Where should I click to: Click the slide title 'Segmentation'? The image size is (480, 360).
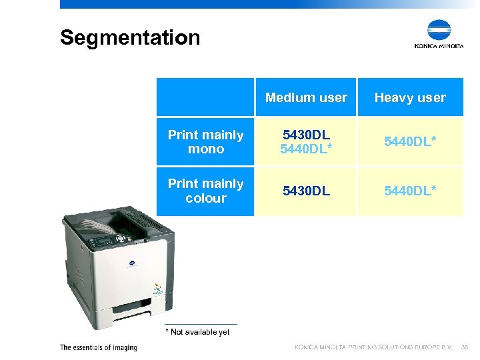click(130, 37)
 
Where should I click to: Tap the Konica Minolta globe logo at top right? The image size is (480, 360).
click(439, 31)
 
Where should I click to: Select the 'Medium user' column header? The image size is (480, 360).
click(306, 98)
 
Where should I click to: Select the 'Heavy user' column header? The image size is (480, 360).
click(410, 98)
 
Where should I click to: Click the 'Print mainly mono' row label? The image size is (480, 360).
click(205, 142)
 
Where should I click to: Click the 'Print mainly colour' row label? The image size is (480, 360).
click(205, 191)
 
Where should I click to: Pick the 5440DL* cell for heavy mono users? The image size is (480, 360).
click(410, 142)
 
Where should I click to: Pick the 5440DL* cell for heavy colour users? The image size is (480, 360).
click(410, 191)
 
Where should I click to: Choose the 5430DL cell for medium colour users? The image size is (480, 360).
click(306, 191)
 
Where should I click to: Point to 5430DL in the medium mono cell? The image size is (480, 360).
click(306, 135)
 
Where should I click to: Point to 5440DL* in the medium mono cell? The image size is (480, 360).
click(306, 149)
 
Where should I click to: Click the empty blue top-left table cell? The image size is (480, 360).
click(205, 97)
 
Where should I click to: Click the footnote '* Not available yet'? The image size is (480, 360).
click(197, 332)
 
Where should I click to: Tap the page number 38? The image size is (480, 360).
click(465, 347)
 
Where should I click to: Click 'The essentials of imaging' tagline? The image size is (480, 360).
click(98, 347)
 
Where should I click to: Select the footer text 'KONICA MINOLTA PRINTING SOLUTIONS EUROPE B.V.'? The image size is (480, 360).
click(374, 347)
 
